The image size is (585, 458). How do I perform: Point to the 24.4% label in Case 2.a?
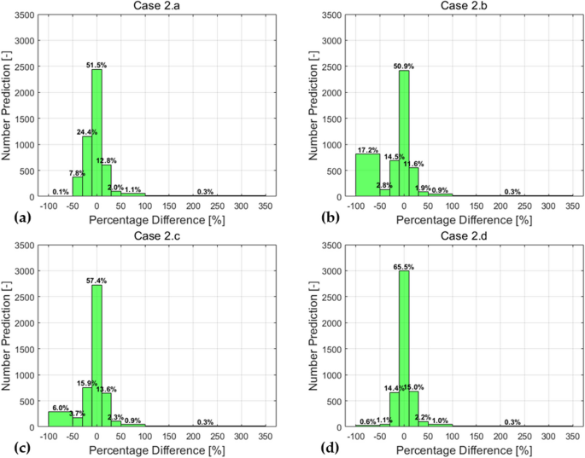pyautogui.click(x=85, y=132)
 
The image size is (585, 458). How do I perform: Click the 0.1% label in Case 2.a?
pyautogui.click(x=61, y=192)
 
